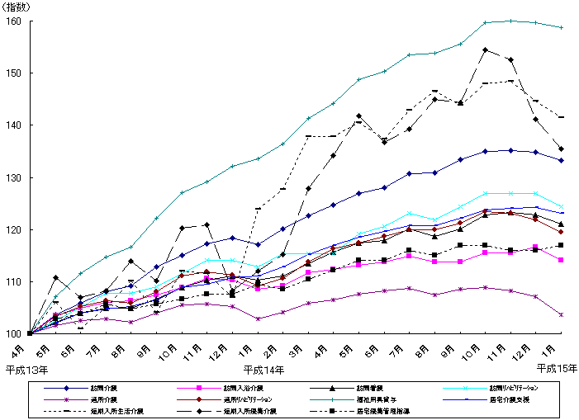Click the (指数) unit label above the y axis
[17, 7]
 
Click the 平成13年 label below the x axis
[26, 368]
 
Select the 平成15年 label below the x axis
[557, 368]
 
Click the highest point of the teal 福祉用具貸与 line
[511, 21]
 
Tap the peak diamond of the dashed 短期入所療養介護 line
[486, 50]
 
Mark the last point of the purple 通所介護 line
[562, 314]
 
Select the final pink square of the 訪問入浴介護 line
[562, 260]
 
